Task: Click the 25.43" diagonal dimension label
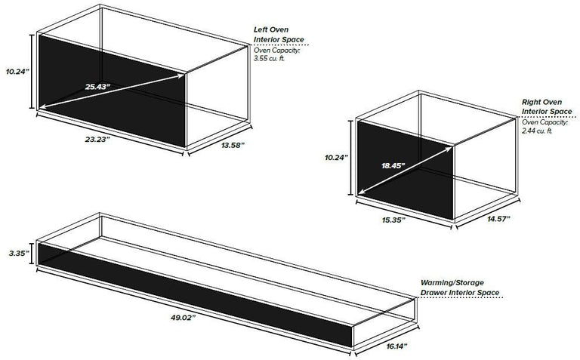point(98,87)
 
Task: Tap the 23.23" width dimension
point(97,140)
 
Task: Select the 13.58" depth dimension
point(233,145)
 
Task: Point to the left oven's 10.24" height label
point(17,72)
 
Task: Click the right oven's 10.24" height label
point(337,158)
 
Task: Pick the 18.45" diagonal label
point(393,165)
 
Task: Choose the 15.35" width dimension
point(393,220)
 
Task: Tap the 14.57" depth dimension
point(498,218)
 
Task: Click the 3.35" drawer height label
point(19,253)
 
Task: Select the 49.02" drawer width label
point(183,317)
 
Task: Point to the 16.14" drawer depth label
point(397,346)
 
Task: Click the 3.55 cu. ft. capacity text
point(270,58)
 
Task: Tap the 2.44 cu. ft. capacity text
point(537,131)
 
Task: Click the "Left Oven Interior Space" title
point(279,35)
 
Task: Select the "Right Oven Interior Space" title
point(547,106)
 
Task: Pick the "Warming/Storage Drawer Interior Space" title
point(460,288)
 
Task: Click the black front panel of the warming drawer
point(196,294)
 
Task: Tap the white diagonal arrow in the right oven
point(406,170)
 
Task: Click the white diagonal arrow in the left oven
point(112,91)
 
